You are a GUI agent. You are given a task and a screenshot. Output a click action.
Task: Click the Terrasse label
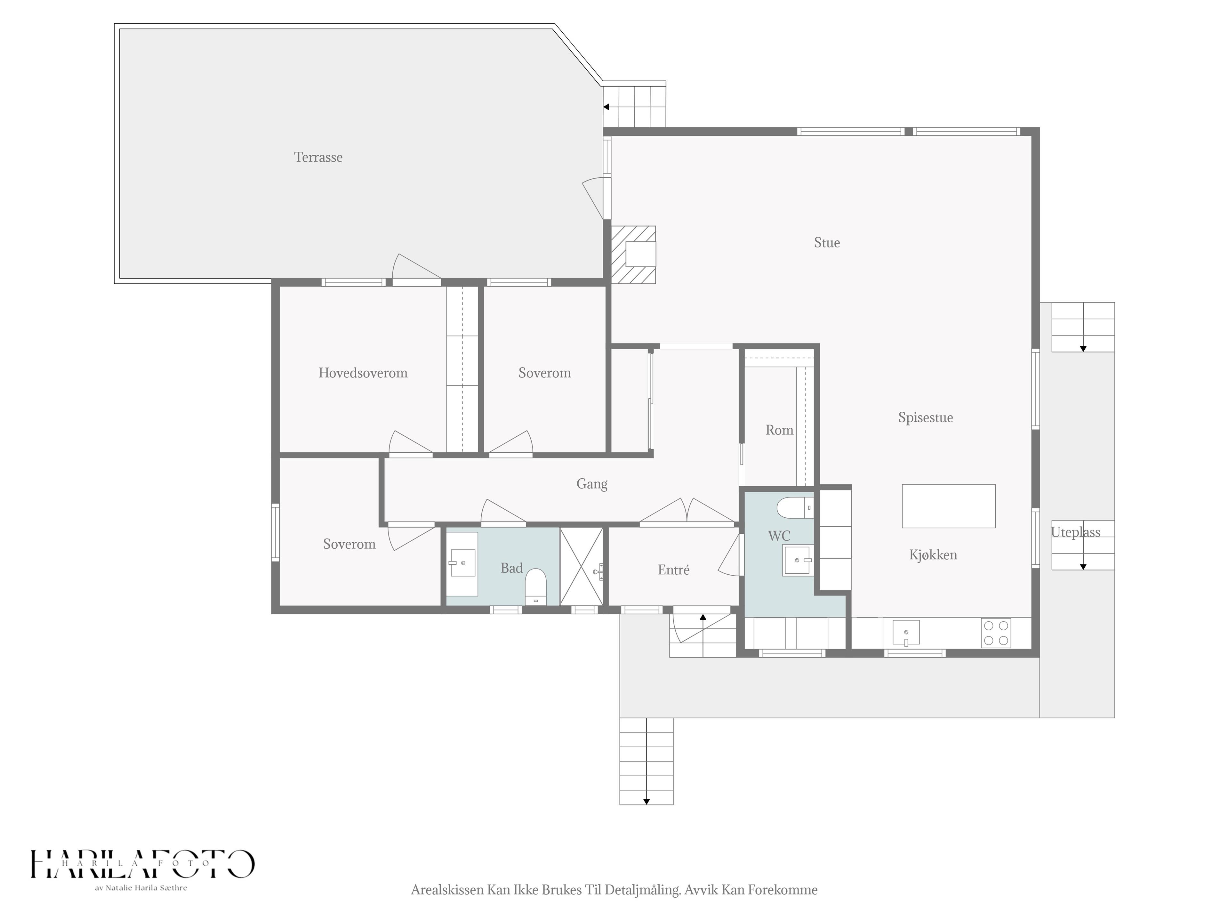[318, 157]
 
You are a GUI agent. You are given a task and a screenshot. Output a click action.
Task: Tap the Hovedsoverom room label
[363, 373]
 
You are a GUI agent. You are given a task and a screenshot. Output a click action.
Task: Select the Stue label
[827, 243]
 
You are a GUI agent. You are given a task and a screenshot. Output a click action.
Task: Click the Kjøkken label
[933, 555]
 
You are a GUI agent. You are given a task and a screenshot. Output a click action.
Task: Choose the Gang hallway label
[592, 484]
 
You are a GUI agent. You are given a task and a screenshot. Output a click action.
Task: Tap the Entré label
[673, 570]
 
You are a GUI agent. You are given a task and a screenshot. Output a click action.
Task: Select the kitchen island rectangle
[948, 506]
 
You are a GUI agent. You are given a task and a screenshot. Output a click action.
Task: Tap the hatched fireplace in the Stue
[633, 255]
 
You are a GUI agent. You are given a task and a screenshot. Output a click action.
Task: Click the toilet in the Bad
[535, 586]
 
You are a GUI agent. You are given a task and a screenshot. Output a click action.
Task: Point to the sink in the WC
[797, 560]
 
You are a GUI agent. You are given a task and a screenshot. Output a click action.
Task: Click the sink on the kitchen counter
[906, 633]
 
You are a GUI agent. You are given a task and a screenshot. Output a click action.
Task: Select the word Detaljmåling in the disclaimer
[642, 890]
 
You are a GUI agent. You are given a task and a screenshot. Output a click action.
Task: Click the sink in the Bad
[462, 563]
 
